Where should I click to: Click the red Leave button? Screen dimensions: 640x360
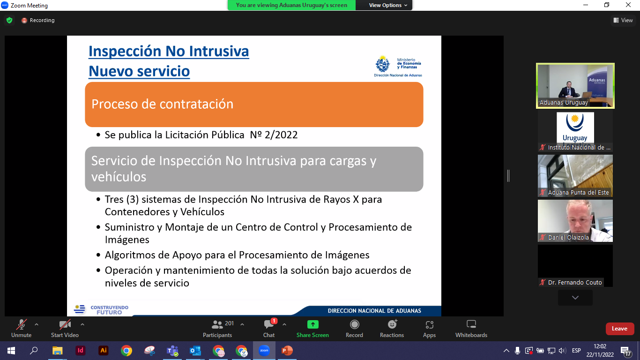point(620,329)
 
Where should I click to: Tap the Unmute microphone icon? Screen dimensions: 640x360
point(21,324)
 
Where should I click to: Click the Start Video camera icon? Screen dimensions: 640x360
point(65,324)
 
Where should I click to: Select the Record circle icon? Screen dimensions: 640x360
point(354,324)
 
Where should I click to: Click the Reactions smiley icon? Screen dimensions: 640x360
point(392,324)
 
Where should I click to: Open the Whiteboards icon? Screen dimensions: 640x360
point(471,324)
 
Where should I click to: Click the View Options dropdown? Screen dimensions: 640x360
point(388,5)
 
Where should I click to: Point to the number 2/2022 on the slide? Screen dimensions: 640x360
point(281,135)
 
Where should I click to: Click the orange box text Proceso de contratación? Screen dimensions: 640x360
point(162,104)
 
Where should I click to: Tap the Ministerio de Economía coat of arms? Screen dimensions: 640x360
point(383,64)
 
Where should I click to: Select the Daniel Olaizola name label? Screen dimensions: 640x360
point(568,237)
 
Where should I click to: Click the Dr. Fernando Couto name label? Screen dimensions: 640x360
point(575,282)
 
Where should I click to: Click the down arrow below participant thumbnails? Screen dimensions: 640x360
point(575,297)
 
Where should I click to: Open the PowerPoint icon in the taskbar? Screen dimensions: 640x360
point(287,350)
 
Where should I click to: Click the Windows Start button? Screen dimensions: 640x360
point(11,350)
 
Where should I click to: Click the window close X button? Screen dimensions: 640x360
point(628,5)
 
